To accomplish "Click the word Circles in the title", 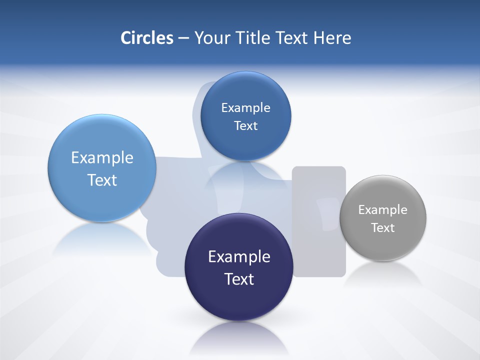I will (146, 38).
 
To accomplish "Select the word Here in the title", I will (332, 38).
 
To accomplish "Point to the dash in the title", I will (183, 38).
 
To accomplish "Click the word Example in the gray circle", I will (383, 210).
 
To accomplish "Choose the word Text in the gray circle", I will (383, 228).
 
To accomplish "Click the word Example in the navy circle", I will (239, 257).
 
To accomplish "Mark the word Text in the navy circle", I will (239, 279).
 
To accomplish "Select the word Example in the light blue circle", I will (102, 158).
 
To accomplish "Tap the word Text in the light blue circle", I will (102, 180).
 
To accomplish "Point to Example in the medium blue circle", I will (246, 108).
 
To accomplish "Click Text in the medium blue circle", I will (246, 126).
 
